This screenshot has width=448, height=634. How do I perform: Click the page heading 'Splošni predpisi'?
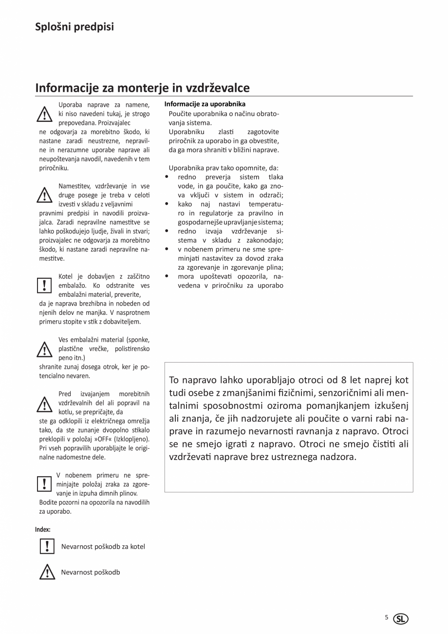click(75, 27)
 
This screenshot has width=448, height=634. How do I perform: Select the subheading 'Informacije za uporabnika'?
click(205, 104)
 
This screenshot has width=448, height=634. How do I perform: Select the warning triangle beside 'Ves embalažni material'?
click(45, 349)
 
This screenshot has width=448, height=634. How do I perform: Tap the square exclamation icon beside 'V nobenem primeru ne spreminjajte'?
click(44, 483)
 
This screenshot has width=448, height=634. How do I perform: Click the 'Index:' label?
click(43, 529)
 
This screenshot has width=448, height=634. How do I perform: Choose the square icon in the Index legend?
click(47, 546)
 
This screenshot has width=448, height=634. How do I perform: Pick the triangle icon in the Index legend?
click(47, 572)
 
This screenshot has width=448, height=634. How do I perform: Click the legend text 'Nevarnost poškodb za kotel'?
click(103, 546)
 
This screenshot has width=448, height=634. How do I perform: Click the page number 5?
click(387, 617)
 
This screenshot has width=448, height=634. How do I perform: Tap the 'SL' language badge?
click(401, 619)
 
